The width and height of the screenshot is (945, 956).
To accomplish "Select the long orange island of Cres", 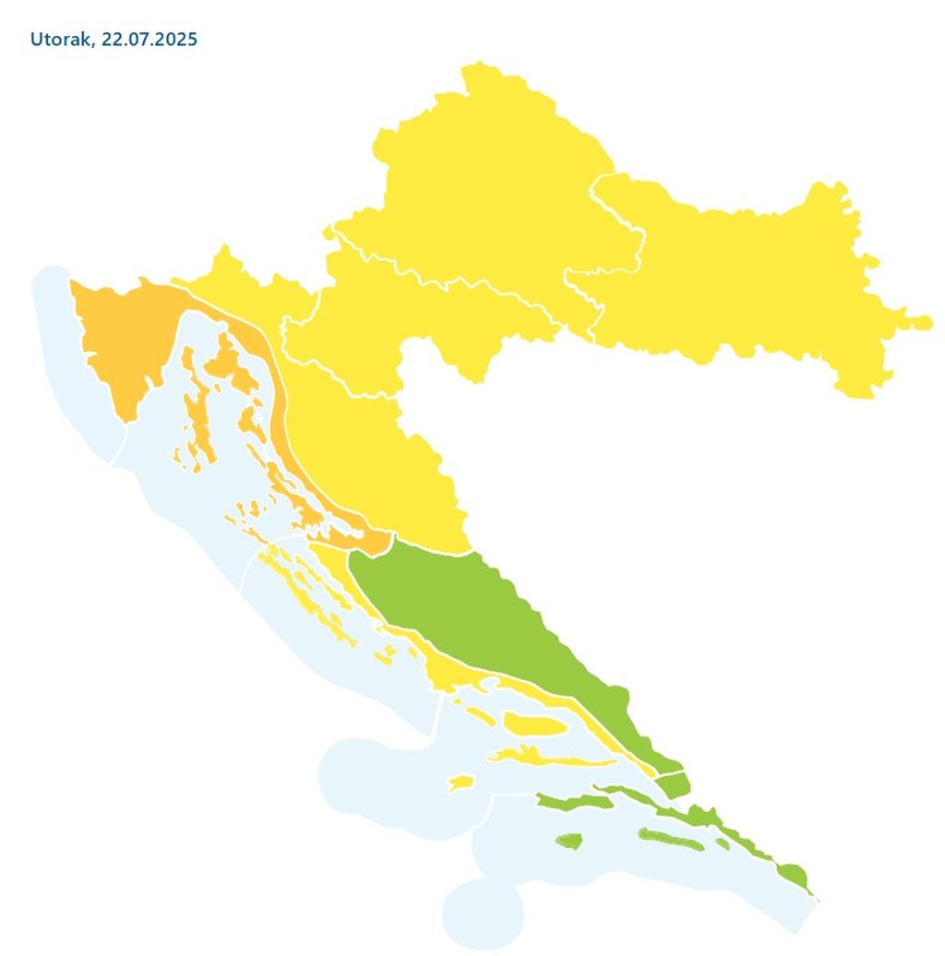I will [x=198, y=415].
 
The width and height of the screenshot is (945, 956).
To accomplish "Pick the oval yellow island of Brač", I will [x=533, y=726].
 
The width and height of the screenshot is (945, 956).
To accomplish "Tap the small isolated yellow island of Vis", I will [x=461, y=783].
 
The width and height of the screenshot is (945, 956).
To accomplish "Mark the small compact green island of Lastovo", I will [x=568, y=841].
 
